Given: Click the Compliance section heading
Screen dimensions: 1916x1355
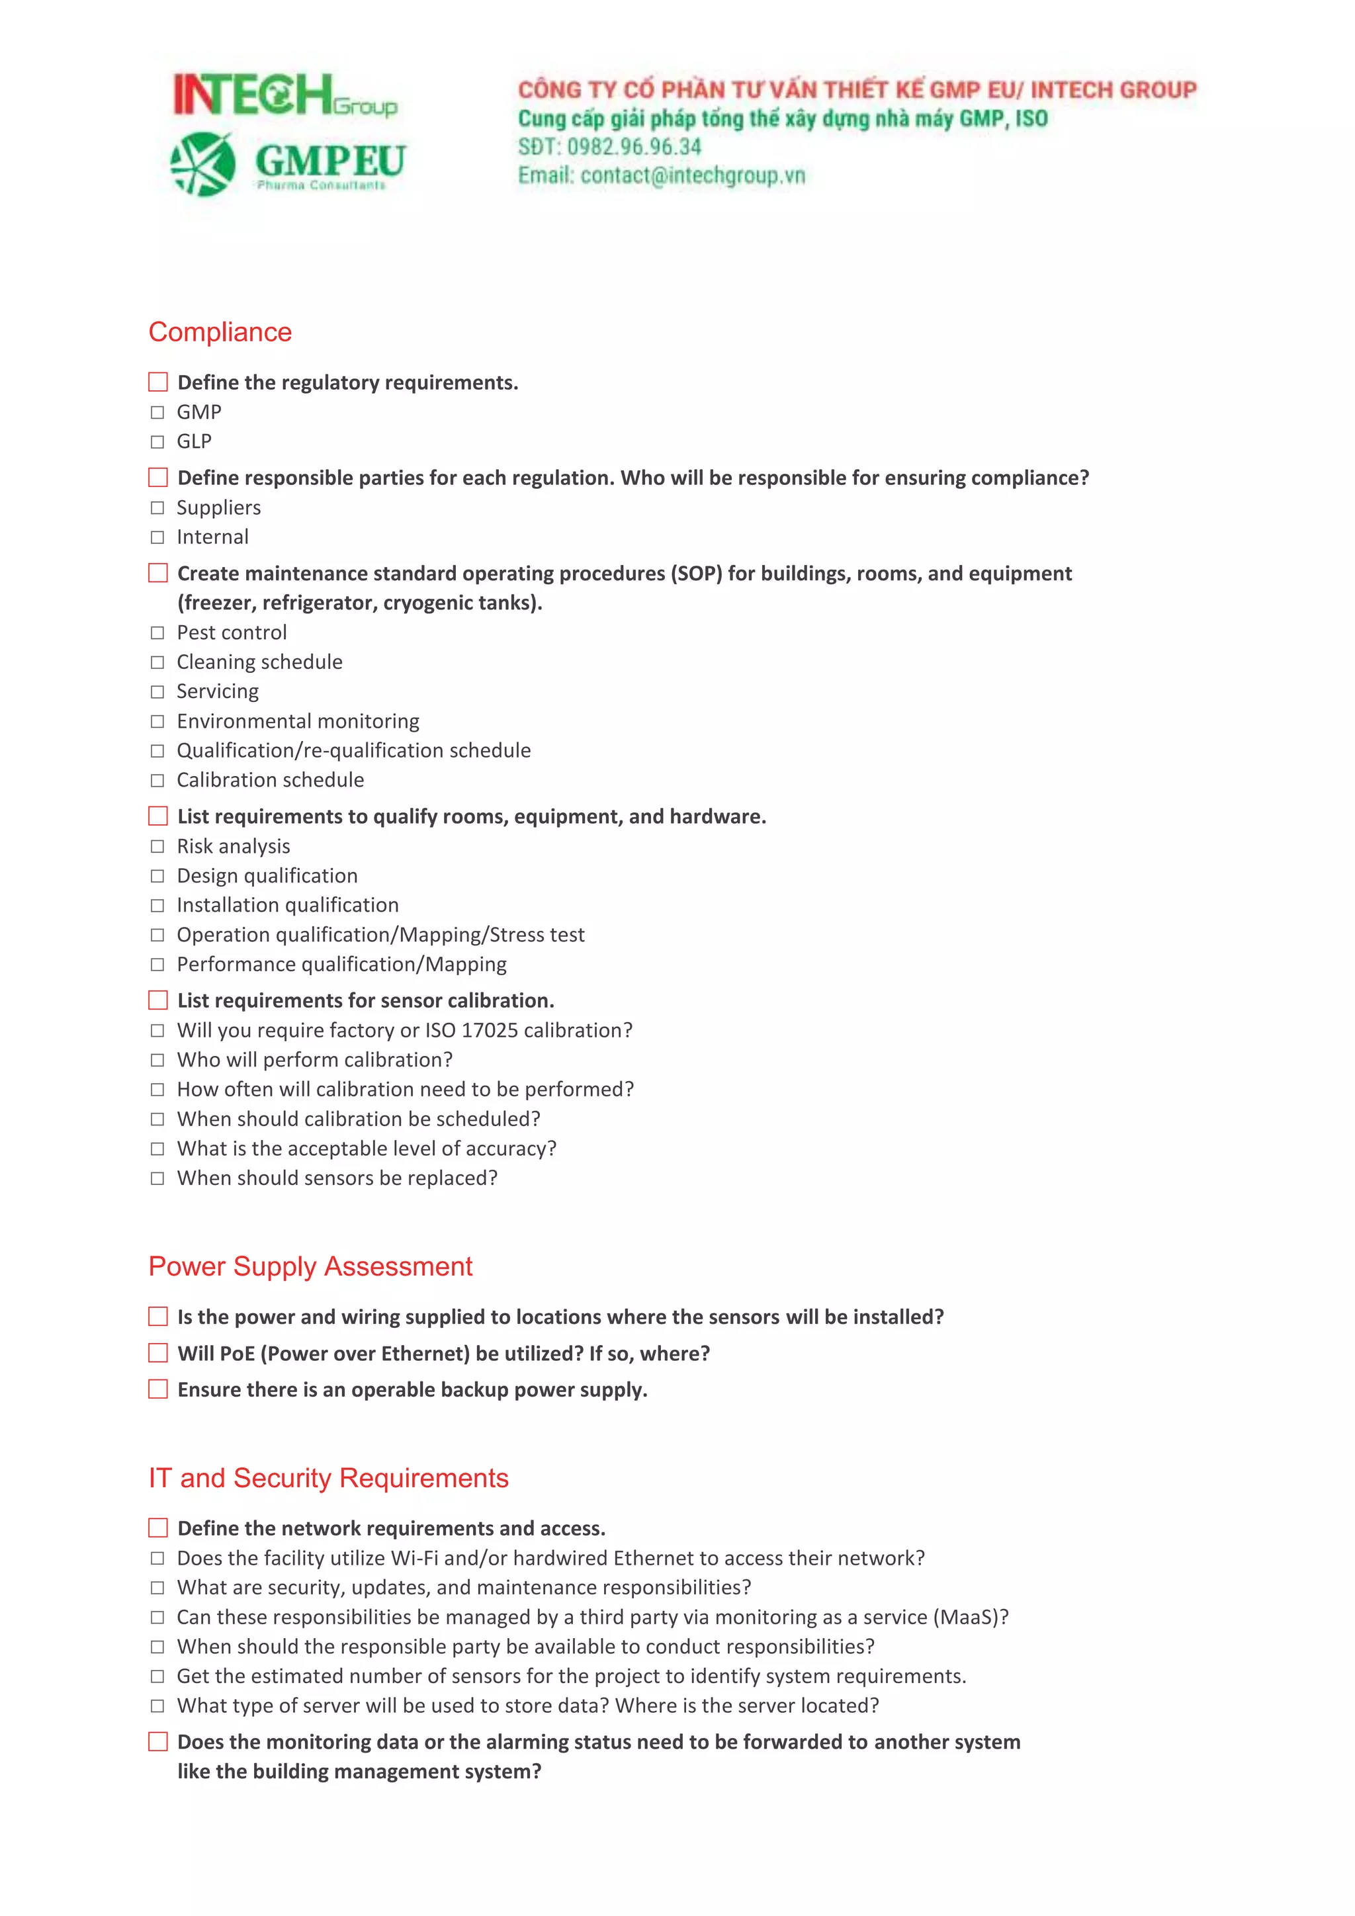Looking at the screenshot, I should pyautogui.click(x=220, y=332).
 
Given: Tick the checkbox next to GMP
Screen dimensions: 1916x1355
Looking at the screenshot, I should pyautogui.click(x=157, y=412).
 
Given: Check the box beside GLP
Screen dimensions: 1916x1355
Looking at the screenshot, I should pyautogui.click(x=157, y=441).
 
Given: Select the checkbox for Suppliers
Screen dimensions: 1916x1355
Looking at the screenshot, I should pyautogui.click(x=157, y=508).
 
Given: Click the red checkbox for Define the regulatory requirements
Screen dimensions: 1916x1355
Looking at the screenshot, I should pyautogui.click(x=157, y=382).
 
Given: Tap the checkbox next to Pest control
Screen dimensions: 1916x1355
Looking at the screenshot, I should pyautogui.click(x=157, y=633).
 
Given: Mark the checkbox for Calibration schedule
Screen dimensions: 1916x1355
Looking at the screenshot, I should pyautogui.click(x=157, y=780).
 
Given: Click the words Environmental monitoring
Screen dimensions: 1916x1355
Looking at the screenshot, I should pyautogui.click(x=298, y=721).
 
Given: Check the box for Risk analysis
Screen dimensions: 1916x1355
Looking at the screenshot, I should pyautogui.click(x=157, y=846).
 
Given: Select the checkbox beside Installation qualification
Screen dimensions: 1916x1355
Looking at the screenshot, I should pyautogui.click(x=157, y=906).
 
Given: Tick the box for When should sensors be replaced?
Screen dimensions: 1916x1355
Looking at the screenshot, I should pyautogui.click(x=157, y=1178).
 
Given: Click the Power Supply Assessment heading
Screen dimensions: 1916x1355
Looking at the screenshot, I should pyautogui.click(x=310, y=1267).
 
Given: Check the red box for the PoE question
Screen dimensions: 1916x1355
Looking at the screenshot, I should pyautogui.click(x=157, y=1353).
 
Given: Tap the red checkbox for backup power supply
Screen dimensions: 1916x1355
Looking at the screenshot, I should pyautogui.click(x=157, y=1389).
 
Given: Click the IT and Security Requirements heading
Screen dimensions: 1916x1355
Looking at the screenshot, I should pyautogui.click(x=328, y=1478).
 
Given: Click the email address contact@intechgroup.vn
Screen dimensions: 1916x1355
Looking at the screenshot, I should pyautogui.click(x=693, y=175).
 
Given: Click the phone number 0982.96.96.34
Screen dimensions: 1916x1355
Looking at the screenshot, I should pyautogui.click(x=634, y=147).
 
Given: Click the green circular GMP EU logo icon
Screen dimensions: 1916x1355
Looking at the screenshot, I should pyautogui.click(x=202, y=163).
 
